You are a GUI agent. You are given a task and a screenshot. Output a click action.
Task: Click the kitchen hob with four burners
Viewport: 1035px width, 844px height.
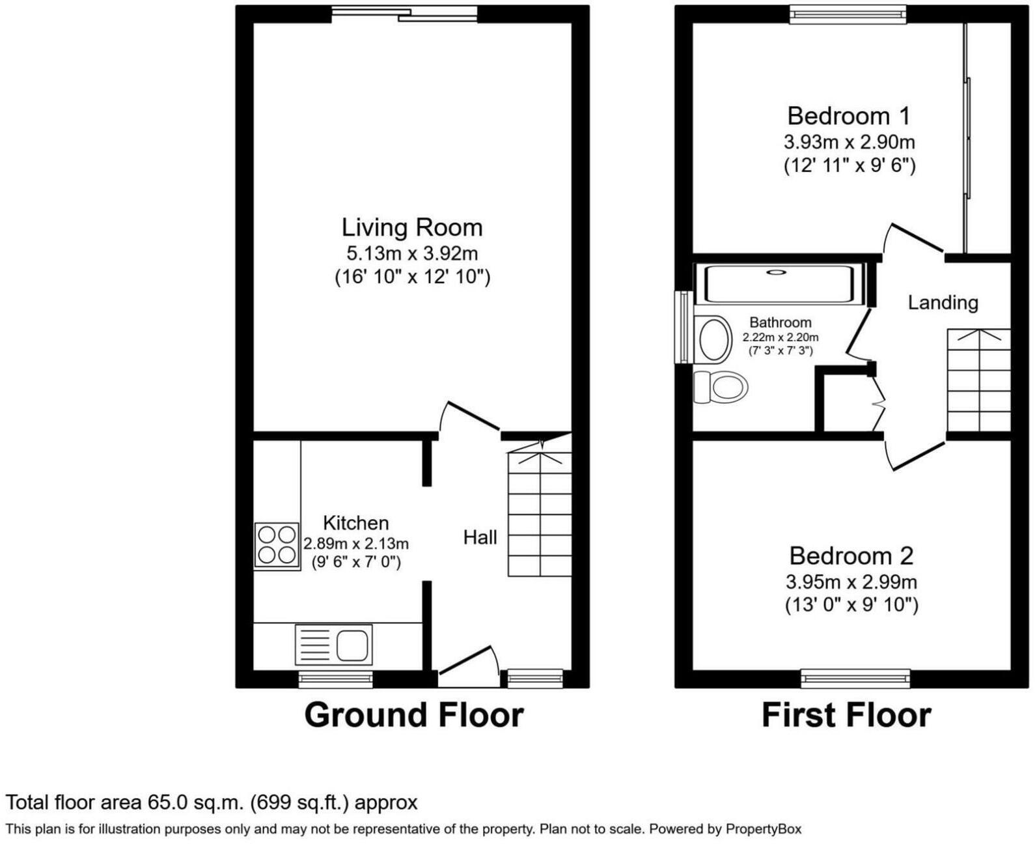(x=277, y=546)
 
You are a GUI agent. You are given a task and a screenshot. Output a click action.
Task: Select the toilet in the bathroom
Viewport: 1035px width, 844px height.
(x=721, y=387)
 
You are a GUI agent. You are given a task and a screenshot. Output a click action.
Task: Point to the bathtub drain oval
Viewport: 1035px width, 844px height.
(x=776, y=273)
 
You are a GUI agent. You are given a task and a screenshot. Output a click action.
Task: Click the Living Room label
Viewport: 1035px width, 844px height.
(x=412, y=227)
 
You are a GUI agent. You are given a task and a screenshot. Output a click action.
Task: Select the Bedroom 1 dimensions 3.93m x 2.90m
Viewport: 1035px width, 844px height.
(x=849, y=143)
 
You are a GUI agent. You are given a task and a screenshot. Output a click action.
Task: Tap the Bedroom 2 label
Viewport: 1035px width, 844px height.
(x=851, y=556)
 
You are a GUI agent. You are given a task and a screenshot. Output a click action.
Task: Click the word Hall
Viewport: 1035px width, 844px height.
(x=480, y=538)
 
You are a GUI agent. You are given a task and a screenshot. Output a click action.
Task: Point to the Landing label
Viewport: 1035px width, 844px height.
(x=943, y=303)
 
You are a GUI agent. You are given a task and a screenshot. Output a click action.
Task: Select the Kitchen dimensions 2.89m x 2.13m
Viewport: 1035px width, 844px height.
(x=356, y=544)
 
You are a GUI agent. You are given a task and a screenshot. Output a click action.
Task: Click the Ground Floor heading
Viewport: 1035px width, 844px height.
(x=414, y=715)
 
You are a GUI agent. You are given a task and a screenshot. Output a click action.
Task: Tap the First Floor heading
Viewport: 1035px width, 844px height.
(x=846, y=715)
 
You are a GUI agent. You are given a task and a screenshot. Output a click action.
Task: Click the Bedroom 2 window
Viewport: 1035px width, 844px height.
(x=855, y=678)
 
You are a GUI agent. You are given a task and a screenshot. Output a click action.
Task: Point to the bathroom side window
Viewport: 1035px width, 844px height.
(x=683, y=327)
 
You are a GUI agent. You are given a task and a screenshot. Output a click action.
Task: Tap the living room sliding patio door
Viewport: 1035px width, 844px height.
(x=405, y=14)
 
